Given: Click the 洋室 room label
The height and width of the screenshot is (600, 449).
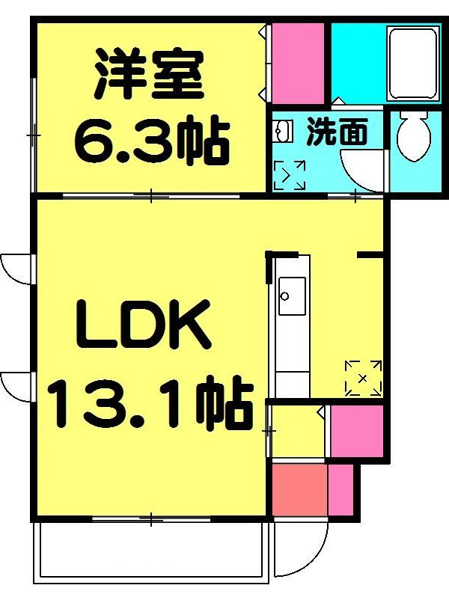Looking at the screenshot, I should point(148,75).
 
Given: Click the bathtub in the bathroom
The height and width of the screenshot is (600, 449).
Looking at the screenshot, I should point(412,64).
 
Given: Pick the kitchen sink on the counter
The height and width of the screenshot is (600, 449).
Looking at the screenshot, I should point(291,296).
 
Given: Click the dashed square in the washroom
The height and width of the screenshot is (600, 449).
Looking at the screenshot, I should point(289,175).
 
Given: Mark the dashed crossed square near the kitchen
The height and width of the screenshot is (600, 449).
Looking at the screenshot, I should point(363,377).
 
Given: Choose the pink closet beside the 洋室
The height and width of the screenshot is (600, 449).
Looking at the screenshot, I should point(297,63).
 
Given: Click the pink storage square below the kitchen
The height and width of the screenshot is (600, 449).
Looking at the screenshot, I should point(356,431).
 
